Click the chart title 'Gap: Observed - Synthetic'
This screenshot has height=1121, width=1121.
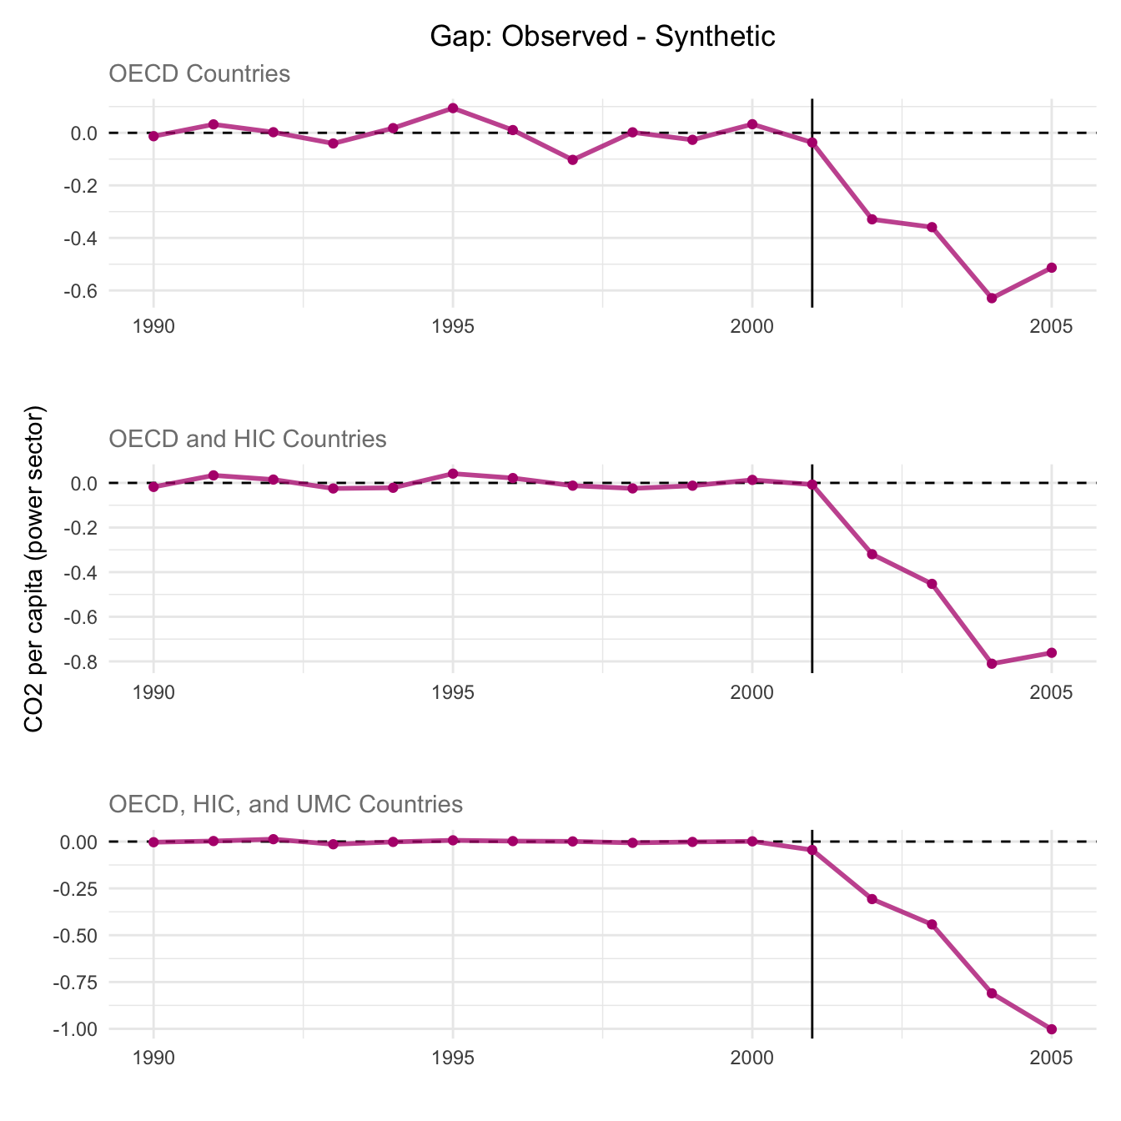(x=602, y=37)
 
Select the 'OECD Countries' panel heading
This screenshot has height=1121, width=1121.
(x=199, y=74)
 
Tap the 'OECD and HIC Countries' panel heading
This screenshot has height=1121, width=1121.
(x=248, y=439)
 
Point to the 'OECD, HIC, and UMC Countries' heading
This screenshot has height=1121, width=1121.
(x=285, y=804)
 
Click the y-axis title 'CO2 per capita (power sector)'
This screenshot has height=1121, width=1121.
(x=34, y=570)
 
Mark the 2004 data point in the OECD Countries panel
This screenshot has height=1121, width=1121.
(x=992, y=298)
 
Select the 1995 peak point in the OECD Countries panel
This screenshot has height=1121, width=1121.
(x=453, y=108)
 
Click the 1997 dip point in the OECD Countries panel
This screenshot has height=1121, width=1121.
(x=573, y=159)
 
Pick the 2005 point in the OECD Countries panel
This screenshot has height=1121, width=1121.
(x=1052, y=268)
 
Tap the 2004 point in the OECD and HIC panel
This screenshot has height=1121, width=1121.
(x=992, y=664)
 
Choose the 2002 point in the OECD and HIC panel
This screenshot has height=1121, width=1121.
(x=872, y=554)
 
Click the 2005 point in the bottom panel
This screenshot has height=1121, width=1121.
(x=1052, y=1029)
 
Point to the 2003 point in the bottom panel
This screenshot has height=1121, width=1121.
(x=932, y=924)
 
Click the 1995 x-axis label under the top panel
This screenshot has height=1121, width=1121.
(x=453, y=325)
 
